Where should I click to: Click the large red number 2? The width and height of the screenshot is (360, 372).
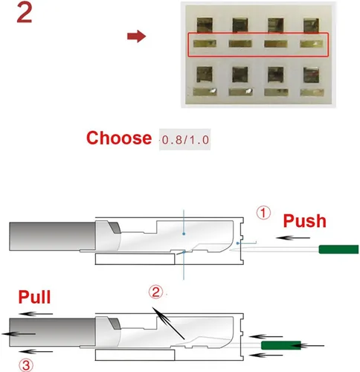[25, 13]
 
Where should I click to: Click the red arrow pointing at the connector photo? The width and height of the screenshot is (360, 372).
[136, 36]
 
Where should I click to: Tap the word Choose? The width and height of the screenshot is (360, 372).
[119, 138]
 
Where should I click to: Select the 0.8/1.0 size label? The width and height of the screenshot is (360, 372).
[185, 140]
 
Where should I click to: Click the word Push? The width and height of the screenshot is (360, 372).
[305, 221]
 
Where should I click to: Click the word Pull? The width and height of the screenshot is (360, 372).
[34, 297]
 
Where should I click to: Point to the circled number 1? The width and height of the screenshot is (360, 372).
[263, 213]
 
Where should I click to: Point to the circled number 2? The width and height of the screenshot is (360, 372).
[155, 292]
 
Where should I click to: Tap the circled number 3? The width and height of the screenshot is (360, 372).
[26, 365]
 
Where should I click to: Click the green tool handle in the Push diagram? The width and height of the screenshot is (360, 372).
[338, 249]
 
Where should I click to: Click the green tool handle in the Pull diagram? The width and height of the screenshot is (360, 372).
[281, 345]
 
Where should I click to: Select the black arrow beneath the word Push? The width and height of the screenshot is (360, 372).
[293, 238]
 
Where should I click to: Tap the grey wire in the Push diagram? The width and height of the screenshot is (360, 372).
[52, 237]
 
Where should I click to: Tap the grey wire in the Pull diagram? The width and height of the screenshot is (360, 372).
[52, 333]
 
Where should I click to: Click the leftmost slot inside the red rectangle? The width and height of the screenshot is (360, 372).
[205, 44]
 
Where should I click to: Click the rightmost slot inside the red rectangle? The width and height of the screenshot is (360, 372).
[312, 44]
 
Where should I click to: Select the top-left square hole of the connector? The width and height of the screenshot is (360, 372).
[205, 25]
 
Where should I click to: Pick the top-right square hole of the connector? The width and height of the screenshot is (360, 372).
[312, 25]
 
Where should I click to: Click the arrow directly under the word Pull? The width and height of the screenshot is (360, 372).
[36, 314]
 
